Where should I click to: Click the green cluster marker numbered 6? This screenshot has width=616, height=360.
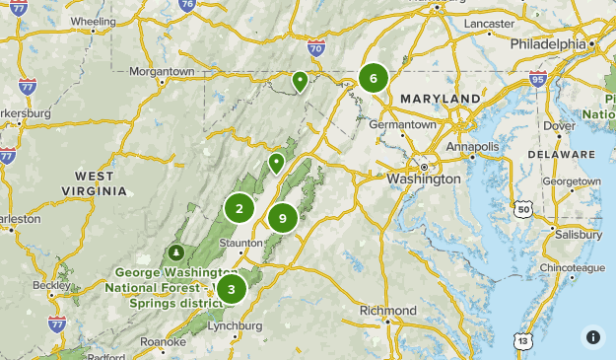(x=373, y=77)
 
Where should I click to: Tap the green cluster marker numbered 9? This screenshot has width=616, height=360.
(x=283, y=218)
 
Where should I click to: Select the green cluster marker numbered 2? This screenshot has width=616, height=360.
(x=239, y=208)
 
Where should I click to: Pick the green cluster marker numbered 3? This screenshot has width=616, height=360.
(x=231, y=289)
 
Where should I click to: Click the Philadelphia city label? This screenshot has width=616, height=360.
(x=548, y=44)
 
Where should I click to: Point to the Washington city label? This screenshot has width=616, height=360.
(x=424, y=180)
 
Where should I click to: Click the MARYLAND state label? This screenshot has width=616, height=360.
(x=440, y=99)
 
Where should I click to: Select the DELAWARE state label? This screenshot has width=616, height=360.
(x=562, y=155)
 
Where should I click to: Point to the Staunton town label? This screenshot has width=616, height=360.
(x=241, y=242)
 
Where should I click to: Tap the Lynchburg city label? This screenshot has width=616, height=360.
(x=237, y=325)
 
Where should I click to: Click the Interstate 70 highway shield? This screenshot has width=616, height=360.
(x=315, y=47)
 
